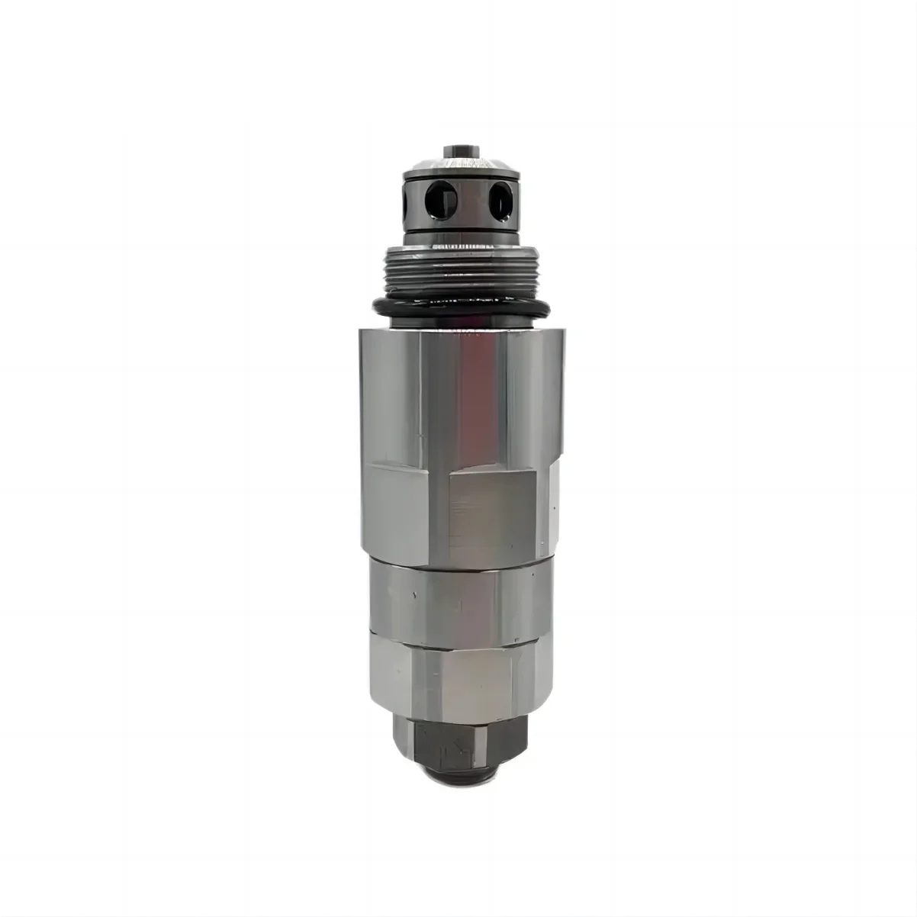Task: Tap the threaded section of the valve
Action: coord(458,271)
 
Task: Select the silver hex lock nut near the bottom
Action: coord(458,671)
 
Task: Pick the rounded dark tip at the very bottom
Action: coord(458,774)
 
